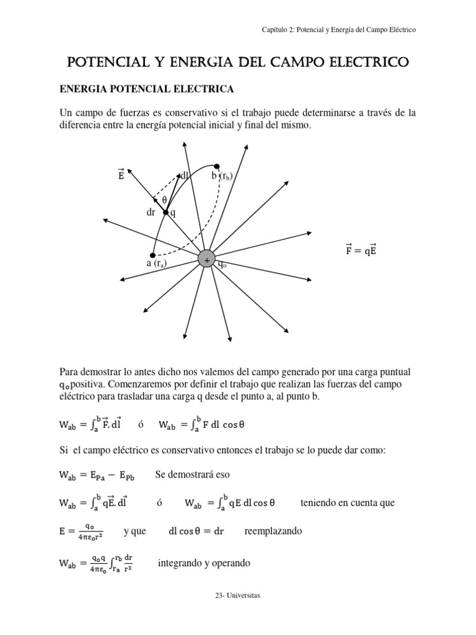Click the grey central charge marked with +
206,260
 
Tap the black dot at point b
217,166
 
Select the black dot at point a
152,255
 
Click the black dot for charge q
165,213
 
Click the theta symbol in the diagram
164,200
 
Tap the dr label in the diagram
151,212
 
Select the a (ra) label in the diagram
157,264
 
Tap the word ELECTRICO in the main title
369,62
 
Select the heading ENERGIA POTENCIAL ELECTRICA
146,89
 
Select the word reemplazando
273,531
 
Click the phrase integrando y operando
204,564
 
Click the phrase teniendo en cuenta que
347,503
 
